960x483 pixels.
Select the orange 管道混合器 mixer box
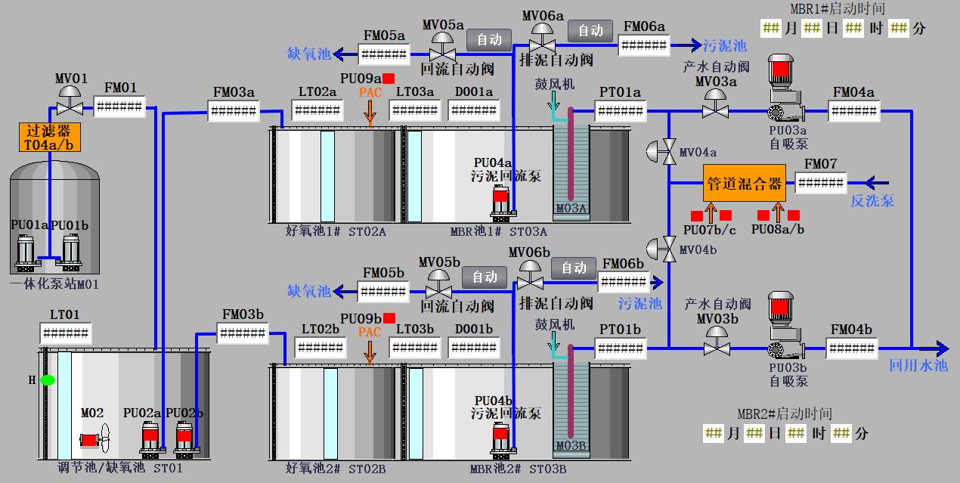tap(744, 183)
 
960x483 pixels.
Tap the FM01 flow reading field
tap(119, 107)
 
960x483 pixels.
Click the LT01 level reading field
tap(65, 333)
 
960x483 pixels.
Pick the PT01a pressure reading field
tap(620, 111)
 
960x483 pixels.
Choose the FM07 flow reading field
tap(820, 183)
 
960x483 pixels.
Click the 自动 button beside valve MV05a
tap(489, 39)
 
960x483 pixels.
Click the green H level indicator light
tap(48, 379)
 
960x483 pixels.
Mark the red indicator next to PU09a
tap(389, 79)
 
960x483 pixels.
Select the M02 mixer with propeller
tap(95, 438)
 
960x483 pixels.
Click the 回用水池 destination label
tap(918, 366)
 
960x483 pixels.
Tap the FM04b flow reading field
tap(851, 348)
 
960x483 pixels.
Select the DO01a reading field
tap(473, 111)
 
